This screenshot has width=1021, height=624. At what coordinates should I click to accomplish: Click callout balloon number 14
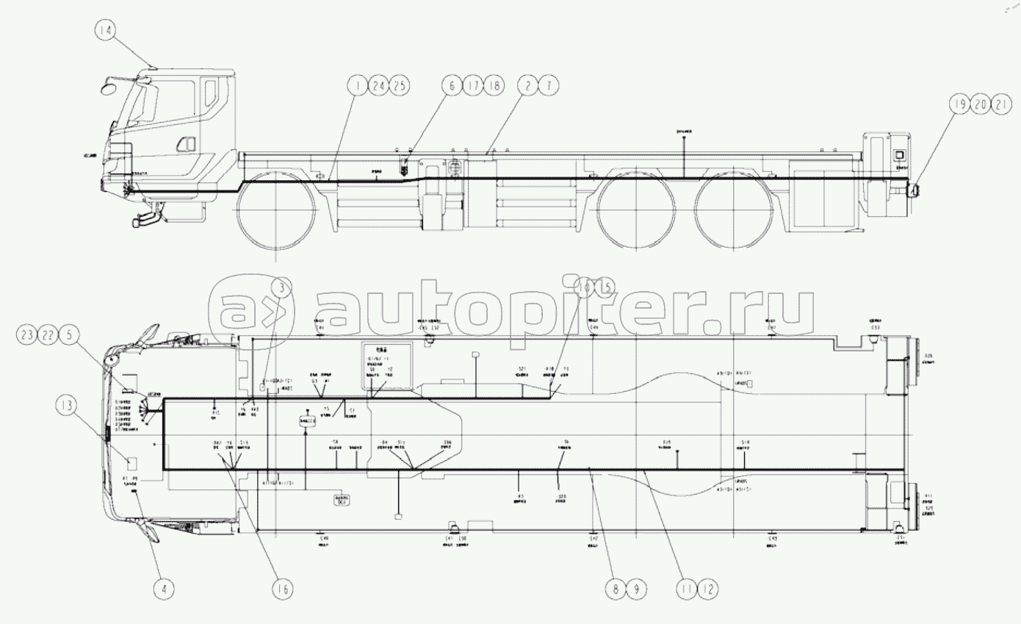(106, 32)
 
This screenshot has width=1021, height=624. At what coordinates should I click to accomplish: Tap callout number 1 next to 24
(358, 86)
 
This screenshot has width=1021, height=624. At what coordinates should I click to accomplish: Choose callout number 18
(493, 86)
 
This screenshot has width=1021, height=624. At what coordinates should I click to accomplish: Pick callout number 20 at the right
(980, 104)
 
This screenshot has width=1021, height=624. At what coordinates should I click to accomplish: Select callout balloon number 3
(281, 289)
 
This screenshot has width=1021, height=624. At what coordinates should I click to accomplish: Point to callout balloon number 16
(282, 588)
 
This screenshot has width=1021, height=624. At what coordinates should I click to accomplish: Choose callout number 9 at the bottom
(637, 588)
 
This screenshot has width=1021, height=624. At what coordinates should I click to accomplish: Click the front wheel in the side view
(275, 209)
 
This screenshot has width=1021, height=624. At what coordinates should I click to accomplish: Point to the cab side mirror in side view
(110, 87)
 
